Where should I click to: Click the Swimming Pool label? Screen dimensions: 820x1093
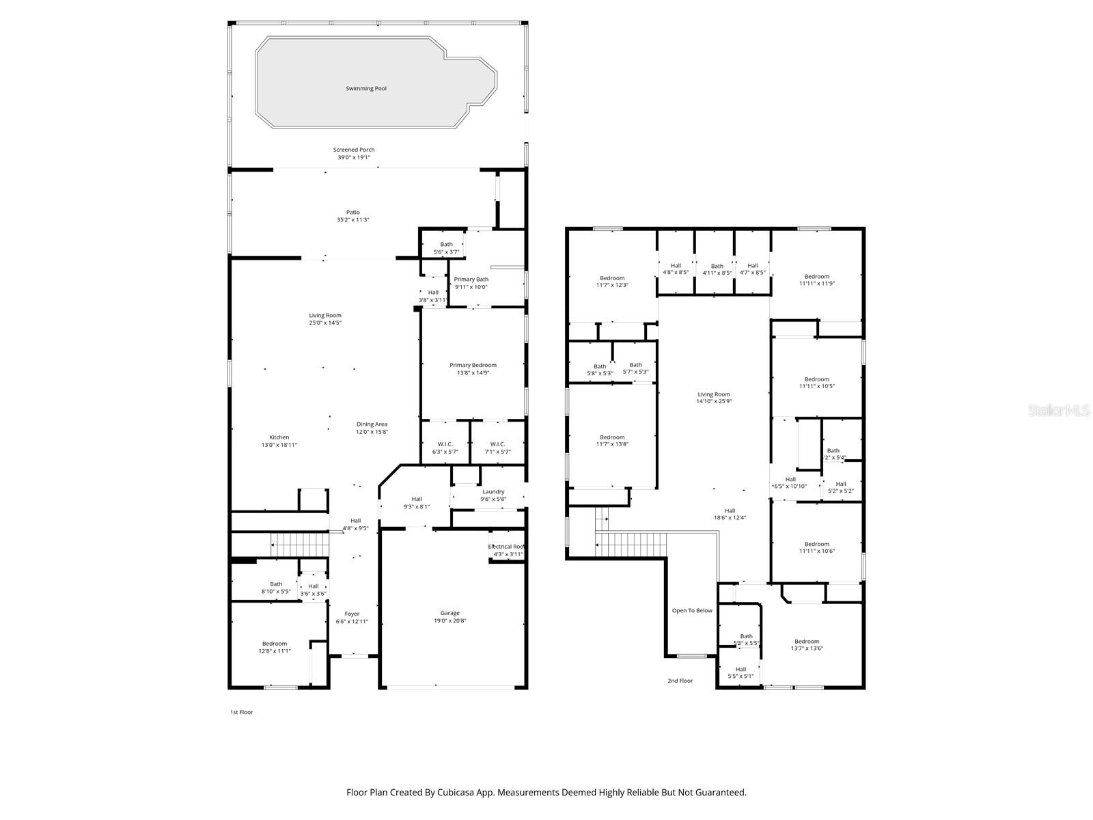pyautogui.click(x=365, y=89)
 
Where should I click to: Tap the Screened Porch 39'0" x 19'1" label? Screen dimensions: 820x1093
pyautogui.click(x=353, y=154)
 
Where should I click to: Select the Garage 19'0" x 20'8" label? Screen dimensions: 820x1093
pyautogui.click(x=449, y=617)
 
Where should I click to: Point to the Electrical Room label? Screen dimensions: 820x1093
pyautogui.click(x=506, y=550)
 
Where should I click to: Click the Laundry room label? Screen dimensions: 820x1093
pyautogui.click(x=493, y=495)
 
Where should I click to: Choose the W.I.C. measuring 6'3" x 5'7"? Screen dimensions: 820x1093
pyautogui.click(x=445, y=448)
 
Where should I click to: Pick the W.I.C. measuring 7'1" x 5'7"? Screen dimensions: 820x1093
pyautogui.click(x=497, y=448)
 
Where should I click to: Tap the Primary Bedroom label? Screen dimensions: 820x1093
pyautogui.click(x=473, y=369)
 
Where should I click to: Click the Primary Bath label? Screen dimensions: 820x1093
pyautogui.click(x=471, y=283)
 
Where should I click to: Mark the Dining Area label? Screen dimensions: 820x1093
pyautogui.click(x=372, y=428)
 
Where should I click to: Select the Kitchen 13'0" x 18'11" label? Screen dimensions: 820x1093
pyautogui.click(x=279, y=441)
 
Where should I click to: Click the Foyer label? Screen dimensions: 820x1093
pyautogui.click(x=352, y=618)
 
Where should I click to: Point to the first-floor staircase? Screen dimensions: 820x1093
pyautogui.click(x=301, y=545)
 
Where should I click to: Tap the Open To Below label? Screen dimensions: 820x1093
pyautogui.click(x=692, y=611)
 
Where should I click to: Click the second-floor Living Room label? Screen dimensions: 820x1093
pyautogui.click(x=714, y=398)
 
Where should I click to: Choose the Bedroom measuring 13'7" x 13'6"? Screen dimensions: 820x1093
pyautogui.click(x=807, y=645)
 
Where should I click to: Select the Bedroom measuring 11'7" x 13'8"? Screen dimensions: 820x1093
pyautogui.click(x=612, y=441)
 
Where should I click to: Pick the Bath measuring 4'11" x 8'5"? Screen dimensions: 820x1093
pyautogui.click(x=717, y=269)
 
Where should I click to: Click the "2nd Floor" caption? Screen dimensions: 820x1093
pyautogui.click(x=680, y=681)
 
